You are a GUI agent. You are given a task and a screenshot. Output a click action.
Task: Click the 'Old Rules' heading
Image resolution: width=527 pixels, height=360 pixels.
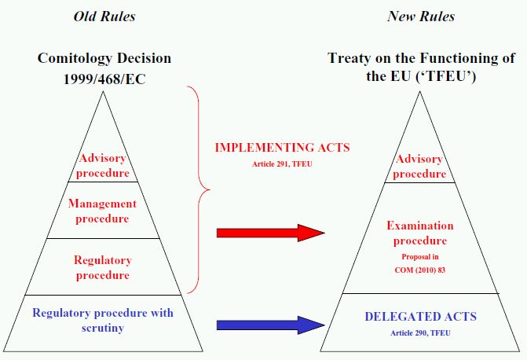tap(104, 17)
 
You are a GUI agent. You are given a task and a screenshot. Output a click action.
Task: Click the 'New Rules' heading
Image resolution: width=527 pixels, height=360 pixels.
tap(421, 17)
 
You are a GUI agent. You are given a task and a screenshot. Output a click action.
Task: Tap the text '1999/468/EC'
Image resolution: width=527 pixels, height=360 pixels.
tap(104, 79)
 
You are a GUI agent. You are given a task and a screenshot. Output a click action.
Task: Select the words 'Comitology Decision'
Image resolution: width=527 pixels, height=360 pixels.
tap(104, 58)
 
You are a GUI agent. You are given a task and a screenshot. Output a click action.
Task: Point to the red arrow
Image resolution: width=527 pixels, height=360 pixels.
tap(270, 233)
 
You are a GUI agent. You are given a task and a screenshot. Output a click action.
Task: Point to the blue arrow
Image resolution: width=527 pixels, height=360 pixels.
tap(270, 325)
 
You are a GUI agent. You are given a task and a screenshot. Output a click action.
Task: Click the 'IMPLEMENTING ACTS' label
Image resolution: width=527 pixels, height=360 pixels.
tap(282, 147)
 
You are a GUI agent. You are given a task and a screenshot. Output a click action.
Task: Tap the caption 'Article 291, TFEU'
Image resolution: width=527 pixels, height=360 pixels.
tap(282, 164)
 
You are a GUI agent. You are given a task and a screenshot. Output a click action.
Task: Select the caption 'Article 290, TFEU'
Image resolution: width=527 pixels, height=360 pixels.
tap(420, 333)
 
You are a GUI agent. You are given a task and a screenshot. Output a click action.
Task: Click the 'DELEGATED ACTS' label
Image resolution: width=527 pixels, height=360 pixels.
tap(420, 317)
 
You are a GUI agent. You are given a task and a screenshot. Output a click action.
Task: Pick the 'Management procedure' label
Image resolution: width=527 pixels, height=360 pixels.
tap(103, 211)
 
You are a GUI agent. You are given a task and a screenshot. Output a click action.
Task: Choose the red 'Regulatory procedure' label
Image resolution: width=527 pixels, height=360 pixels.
tap(103, 267)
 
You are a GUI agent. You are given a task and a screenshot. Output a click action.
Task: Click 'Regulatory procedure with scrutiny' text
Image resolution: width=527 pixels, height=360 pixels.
tap(103, 320)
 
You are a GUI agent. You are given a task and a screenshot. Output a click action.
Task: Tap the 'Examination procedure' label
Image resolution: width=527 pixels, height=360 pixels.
tap(420, 233)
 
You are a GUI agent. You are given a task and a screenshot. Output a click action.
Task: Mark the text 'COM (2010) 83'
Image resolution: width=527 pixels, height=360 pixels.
tap(420, 270)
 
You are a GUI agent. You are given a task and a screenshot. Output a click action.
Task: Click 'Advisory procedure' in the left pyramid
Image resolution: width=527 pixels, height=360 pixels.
tap(103, 165)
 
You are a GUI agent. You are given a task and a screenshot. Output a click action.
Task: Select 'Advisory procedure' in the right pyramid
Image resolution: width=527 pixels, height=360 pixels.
tap(419, 166)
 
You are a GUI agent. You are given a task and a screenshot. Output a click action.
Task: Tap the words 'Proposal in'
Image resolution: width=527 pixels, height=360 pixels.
tap(420, 257)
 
